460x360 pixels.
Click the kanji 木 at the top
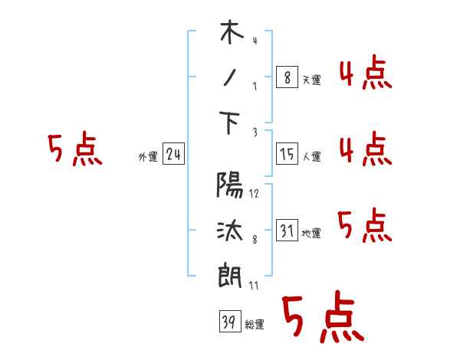[x=231, y=34]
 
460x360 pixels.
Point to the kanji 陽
[x=231, y=187]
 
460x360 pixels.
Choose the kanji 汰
[x=231, y=230]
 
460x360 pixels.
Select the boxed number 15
[x=286, y=154]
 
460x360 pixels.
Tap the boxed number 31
[x=286, y=231]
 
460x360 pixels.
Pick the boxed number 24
[x=173, y=155]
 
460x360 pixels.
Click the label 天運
[x=311, y=80]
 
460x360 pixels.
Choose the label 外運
[x=147, y=157]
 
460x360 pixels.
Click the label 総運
[x=255, y=325]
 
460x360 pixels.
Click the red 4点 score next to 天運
[x=364, y=74]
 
